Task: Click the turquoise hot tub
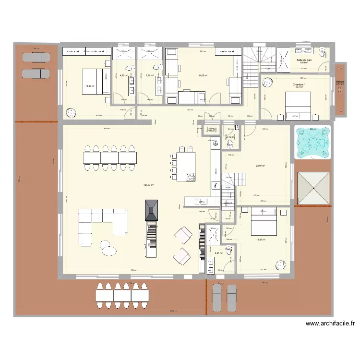point(312,143)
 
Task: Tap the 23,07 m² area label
point(261,166)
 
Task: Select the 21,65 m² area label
point(203,75)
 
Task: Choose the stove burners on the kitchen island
point(191,177)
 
